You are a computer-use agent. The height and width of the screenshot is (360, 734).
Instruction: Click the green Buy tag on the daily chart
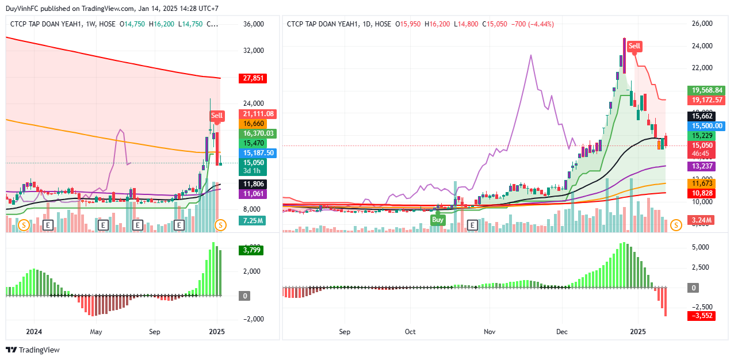438,220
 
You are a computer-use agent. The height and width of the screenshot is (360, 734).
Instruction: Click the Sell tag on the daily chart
634,46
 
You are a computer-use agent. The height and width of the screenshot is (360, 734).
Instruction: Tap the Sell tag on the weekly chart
216,116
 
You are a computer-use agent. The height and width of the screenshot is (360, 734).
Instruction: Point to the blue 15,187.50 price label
258,153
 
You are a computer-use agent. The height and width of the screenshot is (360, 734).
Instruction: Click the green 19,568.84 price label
707,90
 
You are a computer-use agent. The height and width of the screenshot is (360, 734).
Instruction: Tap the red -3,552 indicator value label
702,316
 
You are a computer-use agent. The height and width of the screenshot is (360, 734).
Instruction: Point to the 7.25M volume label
253,221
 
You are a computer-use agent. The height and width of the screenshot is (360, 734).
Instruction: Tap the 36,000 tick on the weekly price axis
253,24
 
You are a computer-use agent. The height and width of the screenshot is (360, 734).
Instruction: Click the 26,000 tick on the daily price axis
701,24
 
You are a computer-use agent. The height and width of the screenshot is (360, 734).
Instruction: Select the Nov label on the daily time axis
489,332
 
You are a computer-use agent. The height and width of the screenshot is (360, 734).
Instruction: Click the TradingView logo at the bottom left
33,350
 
